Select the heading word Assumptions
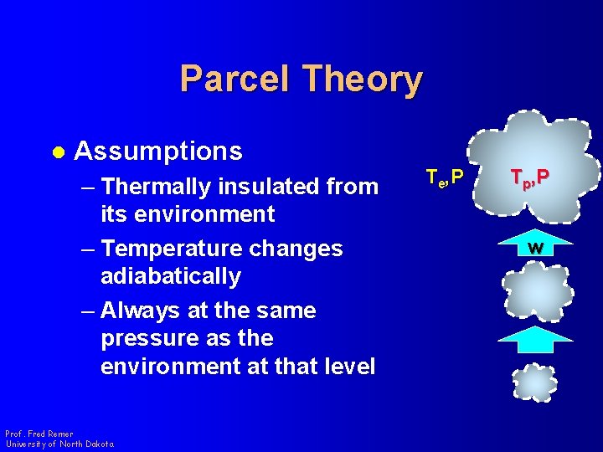click(158, 152)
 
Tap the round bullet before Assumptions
click(57, 152)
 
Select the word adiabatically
click(170, 276)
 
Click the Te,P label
click(444, 177)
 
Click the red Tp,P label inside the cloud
click(531, 177)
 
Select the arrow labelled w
click(535, 245)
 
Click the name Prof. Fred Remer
click(39, 434)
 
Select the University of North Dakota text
click(59, 444)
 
